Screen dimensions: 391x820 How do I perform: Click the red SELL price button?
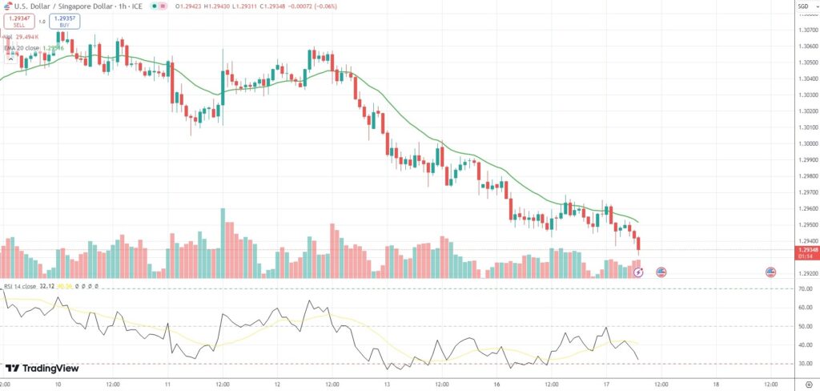(18, 20)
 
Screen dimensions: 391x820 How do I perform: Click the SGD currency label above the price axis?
(803, 6)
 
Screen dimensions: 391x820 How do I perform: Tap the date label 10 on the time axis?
(58, 384)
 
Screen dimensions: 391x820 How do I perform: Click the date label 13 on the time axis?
(387, 384)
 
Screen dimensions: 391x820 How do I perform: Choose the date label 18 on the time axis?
(716, 384)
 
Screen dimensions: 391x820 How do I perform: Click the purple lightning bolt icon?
(638, 272)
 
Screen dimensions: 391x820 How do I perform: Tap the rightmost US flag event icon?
(770, 272)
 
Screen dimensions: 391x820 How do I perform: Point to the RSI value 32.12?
(46, 286)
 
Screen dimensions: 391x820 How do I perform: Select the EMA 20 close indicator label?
(22, 48)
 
